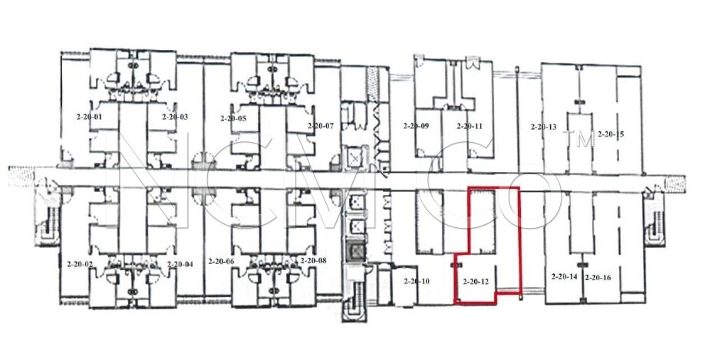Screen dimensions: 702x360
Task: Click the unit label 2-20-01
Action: coord(89,117)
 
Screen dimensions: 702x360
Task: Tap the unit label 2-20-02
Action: coord(80,264)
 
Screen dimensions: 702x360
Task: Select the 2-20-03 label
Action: coord(175,117)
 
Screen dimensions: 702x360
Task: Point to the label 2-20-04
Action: coord(180,264)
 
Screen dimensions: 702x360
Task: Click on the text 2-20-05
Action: coord(233,119)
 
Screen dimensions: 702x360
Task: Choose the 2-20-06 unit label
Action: coord(221,262)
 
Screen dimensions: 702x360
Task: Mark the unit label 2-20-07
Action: coord(321,126)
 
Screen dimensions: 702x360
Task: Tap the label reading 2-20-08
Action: coord(313,261)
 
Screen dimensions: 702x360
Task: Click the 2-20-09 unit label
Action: coord(416,126)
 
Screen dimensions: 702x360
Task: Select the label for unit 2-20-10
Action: coord(417,282)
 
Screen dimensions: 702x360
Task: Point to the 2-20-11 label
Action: coord(470,126)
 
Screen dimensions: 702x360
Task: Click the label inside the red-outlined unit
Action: coord(476,282)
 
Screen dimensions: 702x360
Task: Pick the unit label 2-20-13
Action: coord(543,127)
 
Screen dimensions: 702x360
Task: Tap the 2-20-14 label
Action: coord(564,276)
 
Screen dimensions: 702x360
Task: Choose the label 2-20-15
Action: coord(611,134)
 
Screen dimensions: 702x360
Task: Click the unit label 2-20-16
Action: coord(598,278)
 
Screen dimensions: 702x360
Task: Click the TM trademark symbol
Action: coord(579,138)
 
